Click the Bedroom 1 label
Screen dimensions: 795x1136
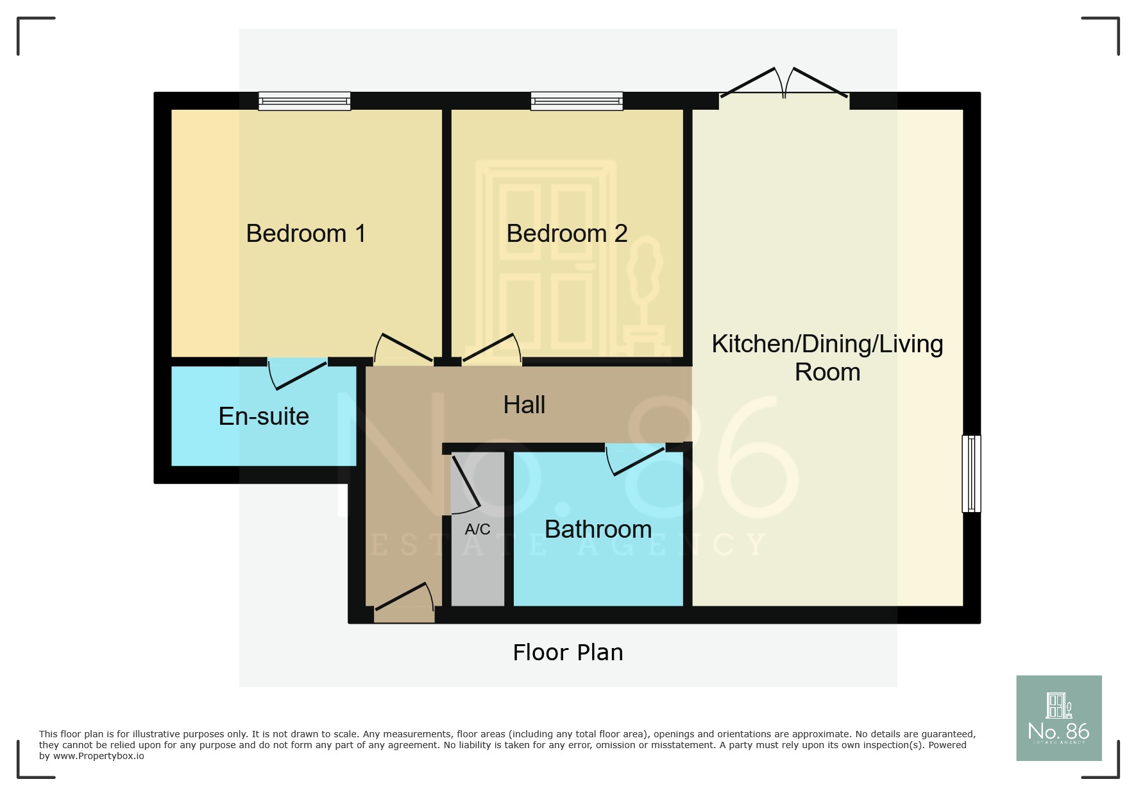(306, 234)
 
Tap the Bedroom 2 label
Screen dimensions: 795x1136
(566, 234)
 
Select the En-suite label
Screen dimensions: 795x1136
(264, 416)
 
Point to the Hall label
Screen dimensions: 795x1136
(524, 405)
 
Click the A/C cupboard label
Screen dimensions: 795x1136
(477, 529)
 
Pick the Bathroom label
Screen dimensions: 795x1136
(598, 529)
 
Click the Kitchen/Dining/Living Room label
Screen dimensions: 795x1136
(827, 358)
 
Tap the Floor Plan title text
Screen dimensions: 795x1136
(568, 653)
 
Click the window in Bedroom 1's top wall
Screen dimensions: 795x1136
(305, 101)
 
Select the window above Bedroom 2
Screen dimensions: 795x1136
(577, 101)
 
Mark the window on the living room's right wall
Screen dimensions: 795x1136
(971, 474)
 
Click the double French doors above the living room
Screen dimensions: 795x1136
(784, 85)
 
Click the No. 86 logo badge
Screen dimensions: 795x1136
(1058, 718)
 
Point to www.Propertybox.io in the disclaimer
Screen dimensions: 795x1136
(99, 757)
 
